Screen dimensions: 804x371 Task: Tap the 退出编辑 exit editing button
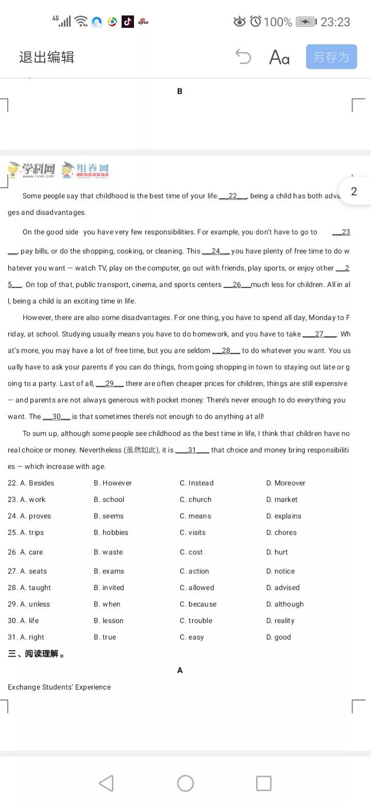[47, 57]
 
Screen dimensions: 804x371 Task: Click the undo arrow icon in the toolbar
[243, 57]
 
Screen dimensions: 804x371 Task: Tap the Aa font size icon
[279, 57]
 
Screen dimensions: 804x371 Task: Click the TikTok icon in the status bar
[128, 22]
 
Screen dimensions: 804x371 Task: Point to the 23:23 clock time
[335, 22]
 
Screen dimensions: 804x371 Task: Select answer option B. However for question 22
[113, 483]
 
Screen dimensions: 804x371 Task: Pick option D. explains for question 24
[284, 516]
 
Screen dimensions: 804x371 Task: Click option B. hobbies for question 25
[111, 532]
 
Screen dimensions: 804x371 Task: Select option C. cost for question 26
[191, 552]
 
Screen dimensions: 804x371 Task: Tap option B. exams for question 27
[109, 571]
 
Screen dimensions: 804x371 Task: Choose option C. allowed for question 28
[197, 588]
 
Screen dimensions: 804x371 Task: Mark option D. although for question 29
[285, 604]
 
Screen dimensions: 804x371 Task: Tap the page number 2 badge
[354, 192]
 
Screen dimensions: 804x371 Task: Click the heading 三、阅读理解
[36, 654]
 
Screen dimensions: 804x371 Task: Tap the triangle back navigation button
[106, 783]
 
